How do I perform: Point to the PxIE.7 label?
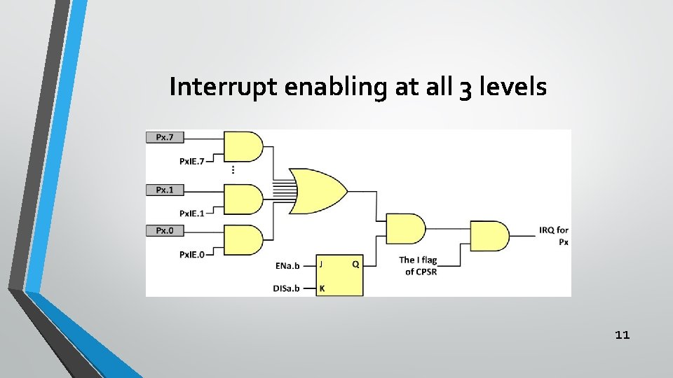pos(191,161)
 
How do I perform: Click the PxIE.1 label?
pos(191,213)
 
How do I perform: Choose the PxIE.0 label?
pos(191,255)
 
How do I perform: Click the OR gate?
pos(319,189)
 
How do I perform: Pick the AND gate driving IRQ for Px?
pos(489,237)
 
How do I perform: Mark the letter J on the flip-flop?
pos(321,265)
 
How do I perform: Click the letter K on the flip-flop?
pos(321,288)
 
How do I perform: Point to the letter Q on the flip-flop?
pos(355,265)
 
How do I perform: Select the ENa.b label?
pos(287,265)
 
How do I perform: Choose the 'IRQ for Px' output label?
pos(554,236)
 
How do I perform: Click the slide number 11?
pos(622,335)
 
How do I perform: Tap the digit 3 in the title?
pos(463,89)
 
